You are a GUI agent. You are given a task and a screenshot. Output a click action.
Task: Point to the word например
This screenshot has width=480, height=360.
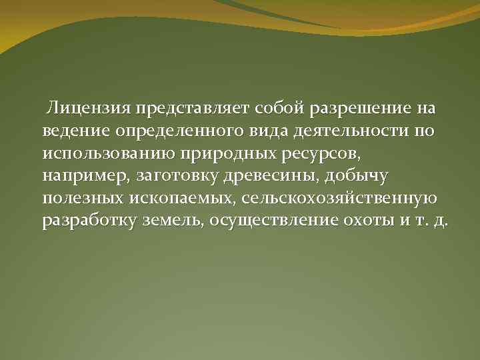click(85, 177)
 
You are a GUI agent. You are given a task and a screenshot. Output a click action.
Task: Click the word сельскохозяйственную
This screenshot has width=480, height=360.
click(340, 199)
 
